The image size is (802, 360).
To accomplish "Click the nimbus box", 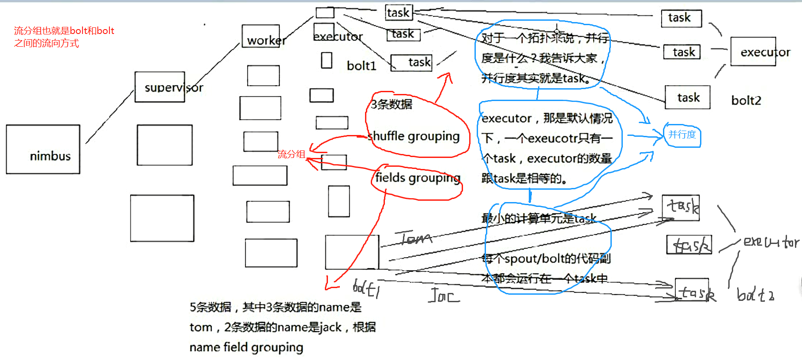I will click(43, 149).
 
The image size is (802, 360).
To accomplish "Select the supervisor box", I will click(160, 87).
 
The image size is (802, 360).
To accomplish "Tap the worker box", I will click(261, 36).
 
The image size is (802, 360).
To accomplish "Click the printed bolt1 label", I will click(361, 66).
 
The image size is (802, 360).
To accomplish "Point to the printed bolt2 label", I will click(746, 101).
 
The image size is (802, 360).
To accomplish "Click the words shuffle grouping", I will click(414, 136).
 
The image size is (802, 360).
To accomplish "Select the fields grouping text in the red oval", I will click(417, 178).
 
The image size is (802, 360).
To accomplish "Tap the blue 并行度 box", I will click(682, 135).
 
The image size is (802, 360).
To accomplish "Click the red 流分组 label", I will click(291, 154).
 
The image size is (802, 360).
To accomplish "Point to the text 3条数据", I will click(392, 104).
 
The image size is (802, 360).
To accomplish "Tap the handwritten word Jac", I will click(444, 295).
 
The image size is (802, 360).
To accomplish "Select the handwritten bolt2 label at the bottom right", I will click(755, 295).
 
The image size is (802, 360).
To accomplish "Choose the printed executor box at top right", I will click(753, 52).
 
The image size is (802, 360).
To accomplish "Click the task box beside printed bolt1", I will click(411, 62).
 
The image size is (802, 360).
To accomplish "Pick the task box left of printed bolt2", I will click(687, 97).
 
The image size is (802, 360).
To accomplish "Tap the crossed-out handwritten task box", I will click(689, 245).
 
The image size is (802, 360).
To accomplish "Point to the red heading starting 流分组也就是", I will click(64, 37).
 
